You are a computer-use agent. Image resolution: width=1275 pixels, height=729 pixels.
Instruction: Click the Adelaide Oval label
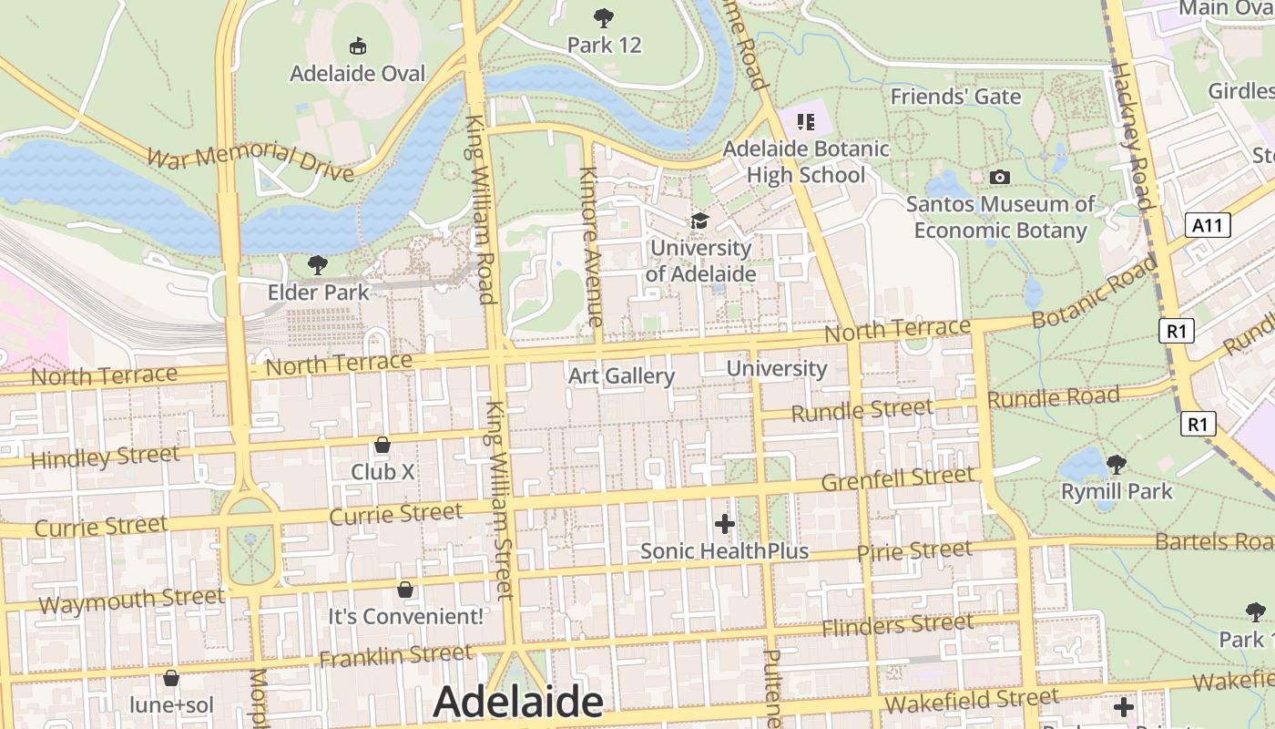pos(358,73)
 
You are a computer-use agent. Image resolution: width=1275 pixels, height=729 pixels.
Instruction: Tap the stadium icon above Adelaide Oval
pos(358,46)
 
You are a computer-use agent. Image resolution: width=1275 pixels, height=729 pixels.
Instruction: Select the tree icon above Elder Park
pos(318,265)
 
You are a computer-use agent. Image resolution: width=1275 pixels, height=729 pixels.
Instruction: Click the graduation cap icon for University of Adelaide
pos(699,221)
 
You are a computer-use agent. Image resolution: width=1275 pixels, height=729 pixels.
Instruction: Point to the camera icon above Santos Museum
pos(1000,177)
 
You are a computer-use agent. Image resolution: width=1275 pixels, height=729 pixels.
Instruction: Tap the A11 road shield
pos(1208,225)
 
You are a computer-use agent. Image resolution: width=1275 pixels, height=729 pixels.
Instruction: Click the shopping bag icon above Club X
pos(382,445)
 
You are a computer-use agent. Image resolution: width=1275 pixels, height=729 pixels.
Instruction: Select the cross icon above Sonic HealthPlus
pos(725,524)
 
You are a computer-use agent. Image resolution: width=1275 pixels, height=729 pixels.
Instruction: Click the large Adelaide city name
pos(517,702)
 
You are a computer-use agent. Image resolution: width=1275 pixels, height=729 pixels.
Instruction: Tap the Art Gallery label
pos(621,375)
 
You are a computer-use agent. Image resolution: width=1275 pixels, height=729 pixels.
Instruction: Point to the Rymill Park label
pos(1117,492)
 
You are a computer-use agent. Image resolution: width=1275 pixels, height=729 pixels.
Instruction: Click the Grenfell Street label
pos(897,478)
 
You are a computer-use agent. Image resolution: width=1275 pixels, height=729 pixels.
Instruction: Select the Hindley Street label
pos(105,457)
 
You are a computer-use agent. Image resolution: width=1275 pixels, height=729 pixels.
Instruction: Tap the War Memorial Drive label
pos(250,160)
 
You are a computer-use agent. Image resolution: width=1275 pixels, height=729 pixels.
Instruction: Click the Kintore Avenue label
pos(591,246)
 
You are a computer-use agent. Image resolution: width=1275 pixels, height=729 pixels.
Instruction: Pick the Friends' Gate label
pos(955,97)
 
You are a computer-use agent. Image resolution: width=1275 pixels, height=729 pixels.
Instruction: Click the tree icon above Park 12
pos(603,17)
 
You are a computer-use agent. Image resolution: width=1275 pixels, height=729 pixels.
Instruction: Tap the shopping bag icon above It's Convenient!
pos(405,590)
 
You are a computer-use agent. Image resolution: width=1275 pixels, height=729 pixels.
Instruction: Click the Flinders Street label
pos(897,626)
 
